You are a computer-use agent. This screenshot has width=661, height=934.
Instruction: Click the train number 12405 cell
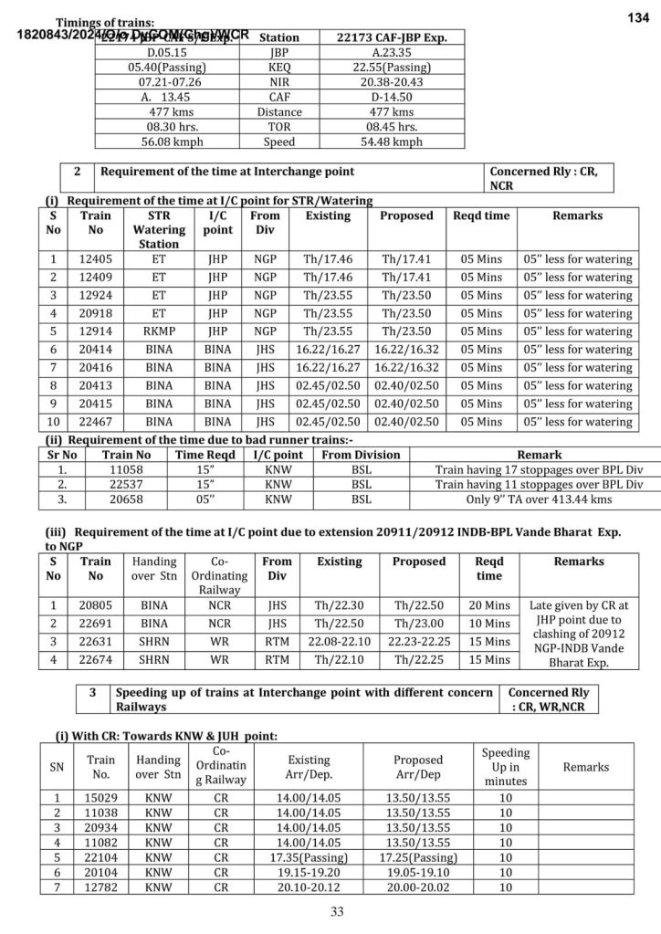(x=96, y=259)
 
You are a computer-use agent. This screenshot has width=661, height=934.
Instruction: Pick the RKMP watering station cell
(x=159, y=331)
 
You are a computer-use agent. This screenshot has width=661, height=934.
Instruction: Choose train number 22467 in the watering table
(x=96, y=422)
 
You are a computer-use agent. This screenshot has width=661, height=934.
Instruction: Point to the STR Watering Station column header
(x=159, y=229)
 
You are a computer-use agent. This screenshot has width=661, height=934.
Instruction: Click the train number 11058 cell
(x=126, y=469)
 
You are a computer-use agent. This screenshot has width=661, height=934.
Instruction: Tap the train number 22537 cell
(x=126, y=485)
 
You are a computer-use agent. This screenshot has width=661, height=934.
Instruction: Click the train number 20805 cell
(x=96, y=604)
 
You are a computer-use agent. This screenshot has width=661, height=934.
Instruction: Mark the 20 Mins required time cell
(x=489, y=604)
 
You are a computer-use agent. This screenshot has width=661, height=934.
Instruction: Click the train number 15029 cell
(x=100, y=798)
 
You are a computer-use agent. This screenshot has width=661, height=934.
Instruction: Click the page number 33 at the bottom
(x=337, y=911)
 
